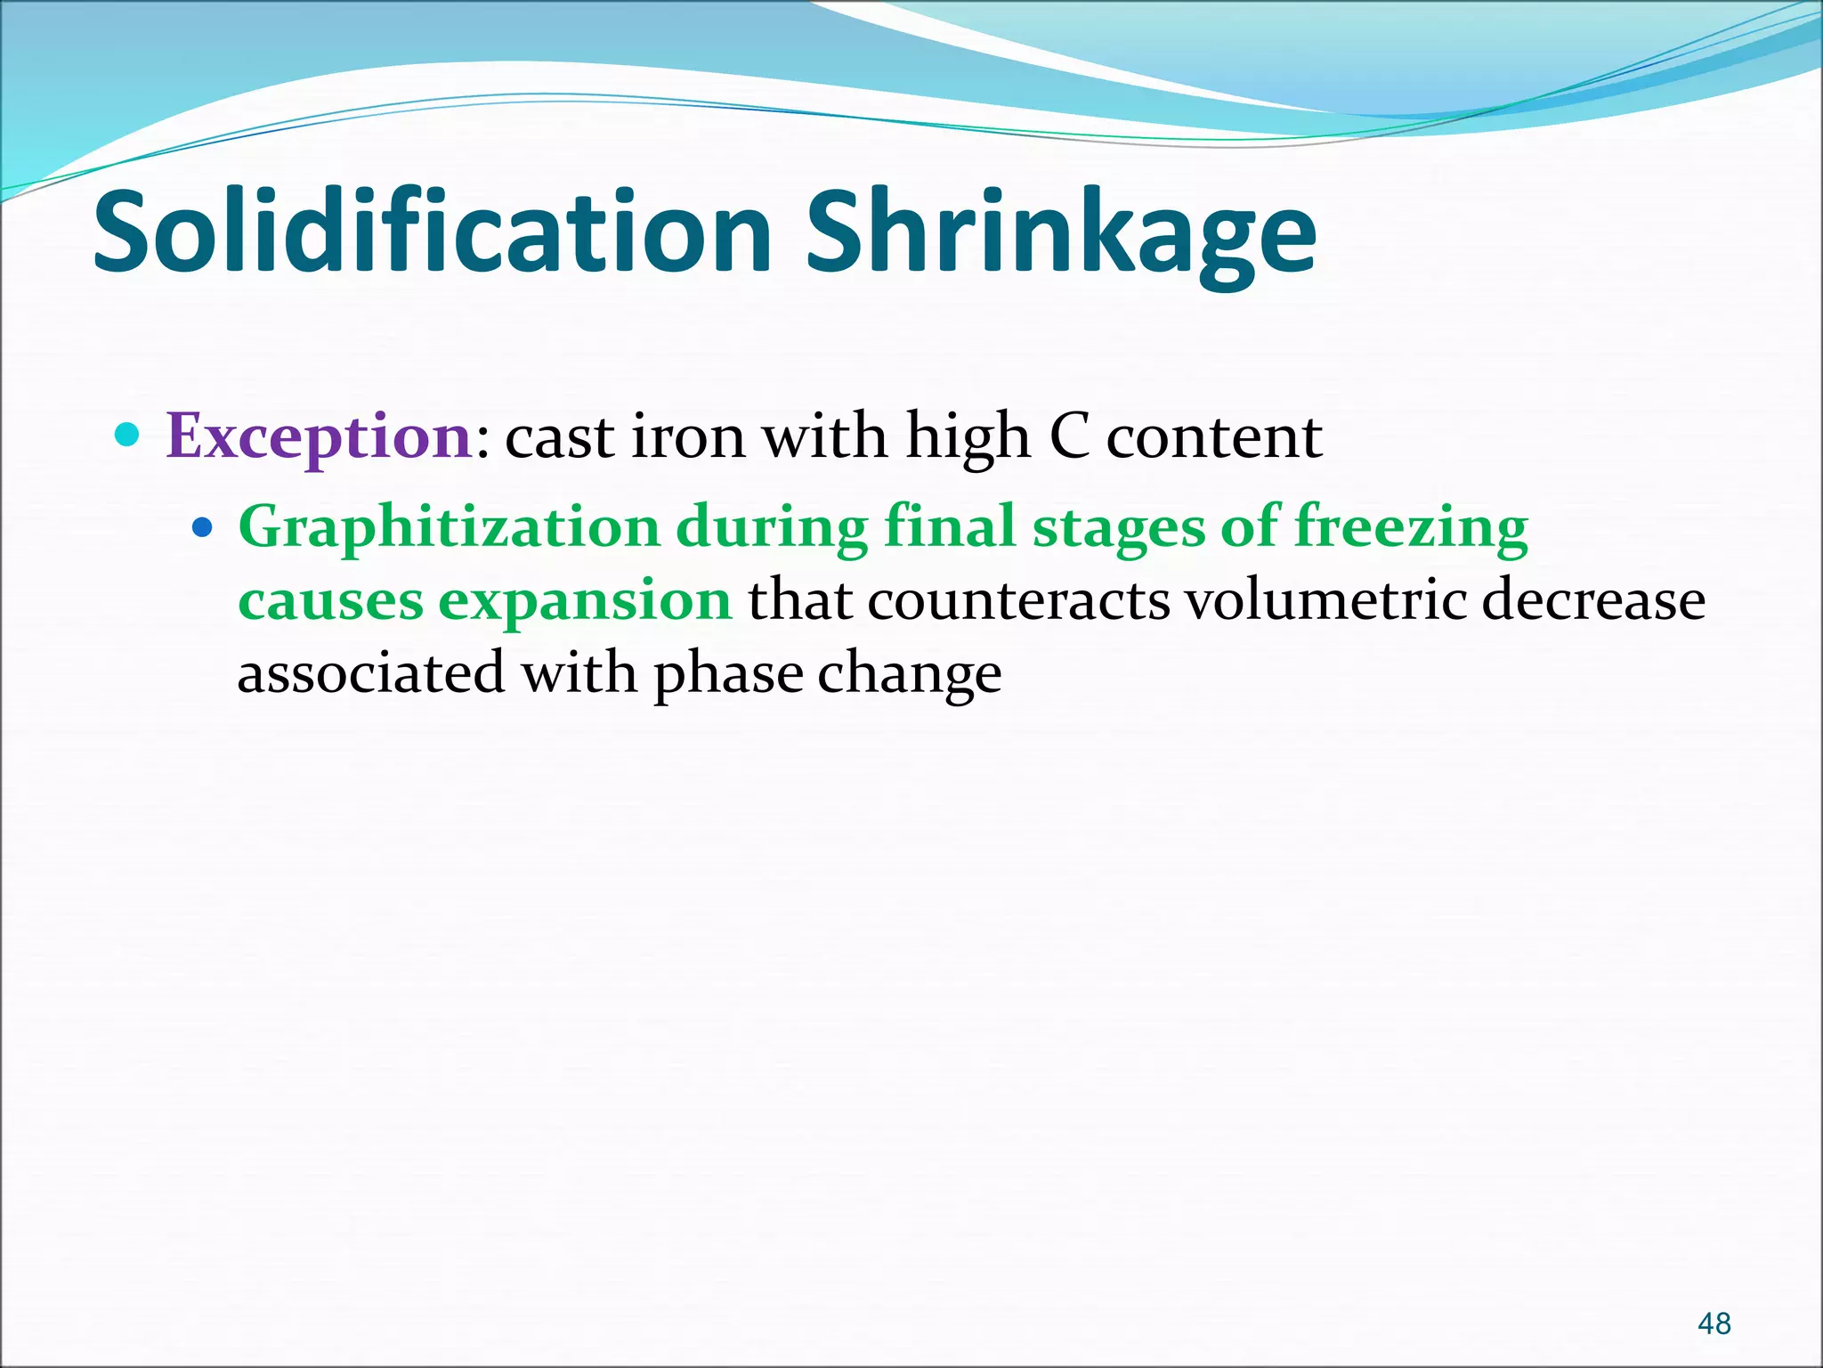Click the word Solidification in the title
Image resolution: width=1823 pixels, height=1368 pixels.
(433, 233)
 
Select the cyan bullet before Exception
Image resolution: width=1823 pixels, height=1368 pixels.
(128, 436)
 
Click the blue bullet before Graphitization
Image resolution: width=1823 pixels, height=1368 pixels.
(203, 528)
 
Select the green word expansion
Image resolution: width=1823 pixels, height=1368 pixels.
(585, 600)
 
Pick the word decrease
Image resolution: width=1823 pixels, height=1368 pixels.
(1593, 600)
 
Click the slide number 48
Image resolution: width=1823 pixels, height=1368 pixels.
(1714, 1323)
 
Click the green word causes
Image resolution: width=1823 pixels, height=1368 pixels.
(330, 600)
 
